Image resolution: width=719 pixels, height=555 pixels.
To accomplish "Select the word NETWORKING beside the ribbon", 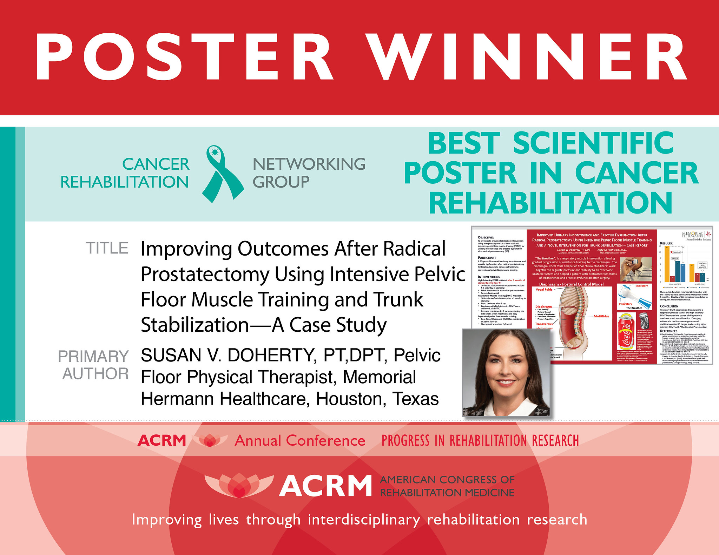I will coord(309,164).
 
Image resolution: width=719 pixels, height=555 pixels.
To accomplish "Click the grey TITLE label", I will coord(107,248).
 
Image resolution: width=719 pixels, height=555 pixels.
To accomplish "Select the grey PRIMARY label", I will coord(93,357).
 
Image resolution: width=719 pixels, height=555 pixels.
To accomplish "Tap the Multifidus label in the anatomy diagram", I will coord(601,316).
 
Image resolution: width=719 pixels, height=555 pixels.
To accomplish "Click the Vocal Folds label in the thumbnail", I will coord(544,290).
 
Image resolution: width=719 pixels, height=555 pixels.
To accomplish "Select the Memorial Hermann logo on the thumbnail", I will coord(695,235).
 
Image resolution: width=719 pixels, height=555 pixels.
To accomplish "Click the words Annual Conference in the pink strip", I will coord(300,441).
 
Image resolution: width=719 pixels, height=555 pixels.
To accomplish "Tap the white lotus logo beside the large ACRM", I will coord(239,486).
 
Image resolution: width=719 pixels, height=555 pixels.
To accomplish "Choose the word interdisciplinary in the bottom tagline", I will coord(364,520).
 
